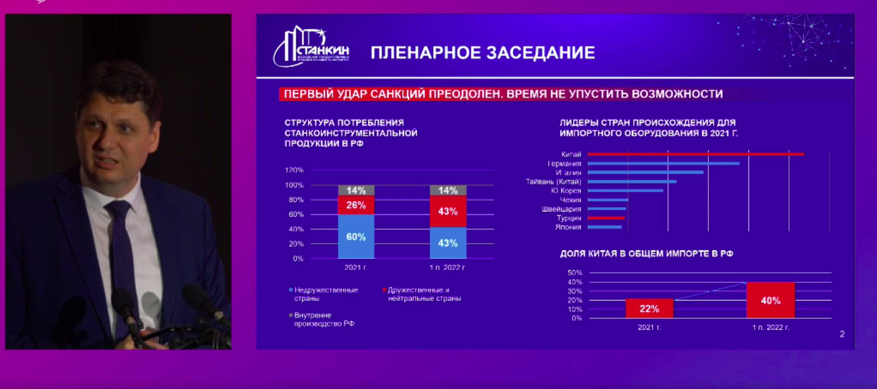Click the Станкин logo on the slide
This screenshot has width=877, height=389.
pyautogui.click(x=311, y=47)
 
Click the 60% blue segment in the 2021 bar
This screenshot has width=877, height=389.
pyautogui.click(x=356, y=237)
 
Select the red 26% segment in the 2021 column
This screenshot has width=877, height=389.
pyautogui.click(x=356, y=205)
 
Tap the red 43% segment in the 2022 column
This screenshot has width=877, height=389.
pyautogui.click(x=448, y=211)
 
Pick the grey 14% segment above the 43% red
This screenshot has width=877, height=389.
pyautogui.click(x=448, y=191)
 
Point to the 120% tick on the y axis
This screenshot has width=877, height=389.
pyautogui.click(x=294, y=170)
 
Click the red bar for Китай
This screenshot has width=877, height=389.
pyautogui.click(x=695, y=154)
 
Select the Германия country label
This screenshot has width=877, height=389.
pyautogui.click(x=564, y=164)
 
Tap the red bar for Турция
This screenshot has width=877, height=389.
pyautogui.click(x=606, y=218)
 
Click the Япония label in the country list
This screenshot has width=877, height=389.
pyautogui.click(x=568, y=227)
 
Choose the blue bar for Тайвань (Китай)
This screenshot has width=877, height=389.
pyautogui.click(x=632, y=182)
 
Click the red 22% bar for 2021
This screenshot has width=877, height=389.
pyautogui.click(x=649, y=309)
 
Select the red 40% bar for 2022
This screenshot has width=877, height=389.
pyautogui.click(x=771, y=300)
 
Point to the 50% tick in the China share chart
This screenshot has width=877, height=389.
pyautogui.click(x=575, y=273)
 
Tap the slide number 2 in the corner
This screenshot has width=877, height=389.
pyautogui.click(x=842, y=334)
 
